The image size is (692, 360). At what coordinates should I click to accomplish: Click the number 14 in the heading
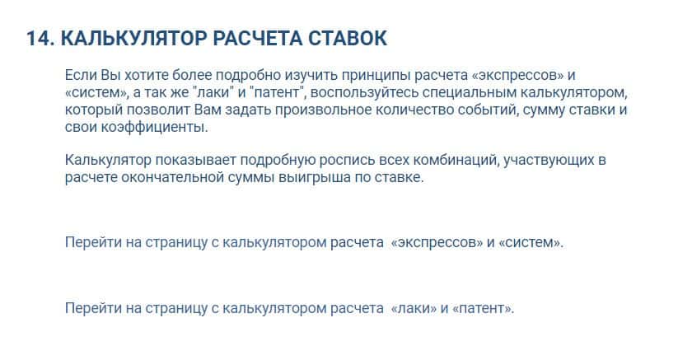pyautogui.click(x=39, y=39)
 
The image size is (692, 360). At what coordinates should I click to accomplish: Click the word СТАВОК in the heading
pyautogui.click(x=348, y=39)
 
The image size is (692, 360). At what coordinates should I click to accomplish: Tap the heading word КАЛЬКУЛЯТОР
pyautogui.click(x=133, y=39)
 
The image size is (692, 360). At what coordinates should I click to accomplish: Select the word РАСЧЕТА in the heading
pyautogui.click(x=257, y=39)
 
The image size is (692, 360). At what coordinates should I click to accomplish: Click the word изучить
pyautogui.click(x=311, y=76)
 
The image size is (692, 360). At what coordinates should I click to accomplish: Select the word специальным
pyautogui.click(x=470, y=92)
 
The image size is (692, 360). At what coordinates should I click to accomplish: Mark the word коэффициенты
pyautogui.click(x=155, y=127)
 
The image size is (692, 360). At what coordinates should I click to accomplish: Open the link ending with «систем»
pyautogui.click(x=314, y=242)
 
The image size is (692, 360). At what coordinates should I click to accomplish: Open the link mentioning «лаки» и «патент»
pyautogui.click(x=289, y=308)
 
